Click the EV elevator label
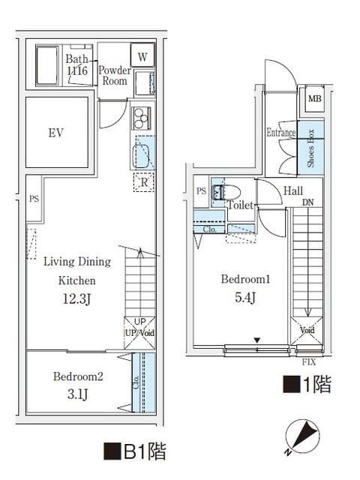[55, 133]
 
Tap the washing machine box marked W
[142, 56]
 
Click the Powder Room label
[115, 75]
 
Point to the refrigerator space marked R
[142, 181]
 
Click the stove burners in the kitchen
[141, 118]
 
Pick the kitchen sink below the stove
[142, 156]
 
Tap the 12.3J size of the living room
[77, 300]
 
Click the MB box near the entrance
[313, 97]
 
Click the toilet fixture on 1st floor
[220, 193]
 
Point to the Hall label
[293, 191]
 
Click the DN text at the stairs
[308, 202]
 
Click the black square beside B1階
[111, 451]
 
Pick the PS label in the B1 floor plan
[34, 199]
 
